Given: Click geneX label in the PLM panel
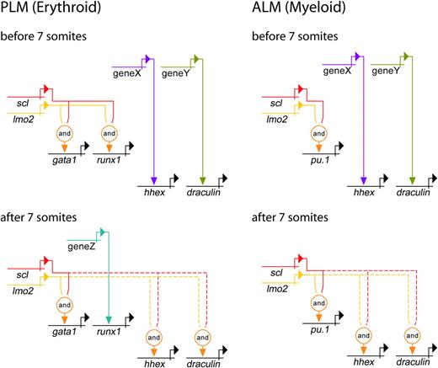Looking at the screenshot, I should [x=124, y=72].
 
